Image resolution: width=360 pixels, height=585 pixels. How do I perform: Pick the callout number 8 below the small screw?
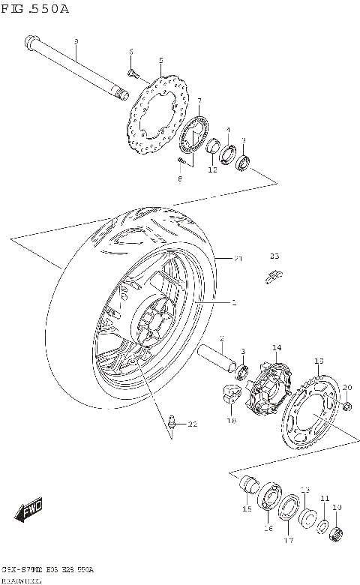pyautogui.click(x=180, y=180)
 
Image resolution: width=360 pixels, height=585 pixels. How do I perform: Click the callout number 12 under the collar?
pyautogui.click(x=212, y=170)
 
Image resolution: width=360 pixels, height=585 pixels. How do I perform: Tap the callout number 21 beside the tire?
pyautogui.click(x=238, y=259)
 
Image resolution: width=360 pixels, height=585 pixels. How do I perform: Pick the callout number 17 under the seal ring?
pyautogui.click(x=287, y=540)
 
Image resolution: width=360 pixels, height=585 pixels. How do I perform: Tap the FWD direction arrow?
pyautogui.click(x=28, y=511)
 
